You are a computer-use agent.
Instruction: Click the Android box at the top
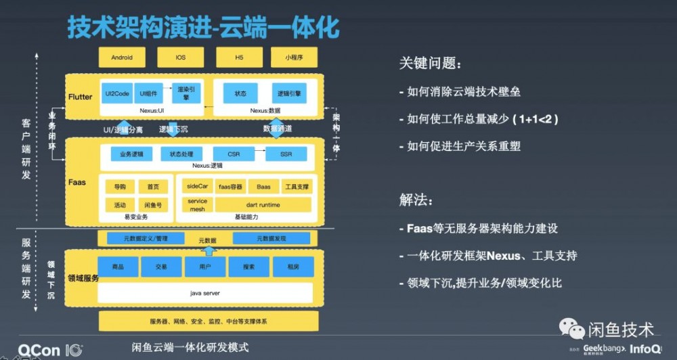pyautogui.click(x=121, y=58)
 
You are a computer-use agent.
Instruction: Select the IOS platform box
pyautogui.click(x=180, y=58)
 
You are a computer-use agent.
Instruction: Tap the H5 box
pyautogui.click(x=239, y=58)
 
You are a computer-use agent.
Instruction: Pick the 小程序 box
pyautogui.click(x=294, y=58)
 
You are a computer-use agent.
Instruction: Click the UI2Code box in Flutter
pyautogui.click(x=117, y=93)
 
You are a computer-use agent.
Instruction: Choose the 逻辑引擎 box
pyautogui.click(x=289, y=93)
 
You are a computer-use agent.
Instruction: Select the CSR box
pyautogui.click(x=234, y=154)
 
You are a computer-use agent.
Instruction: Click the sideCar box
pyautogui.click(x=197, y=186)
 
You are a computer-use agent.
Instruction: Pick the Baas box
pyautogui.click(x=263, y=186)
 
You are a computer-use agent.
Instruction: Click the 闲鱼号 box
pyautogui.click(x=153, y=204)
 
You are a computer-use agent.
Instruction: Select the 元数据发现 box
pyautogui.click(x=271, y=238)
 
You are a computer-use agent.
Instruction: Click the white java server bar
pyautogui.click(x=205, y=293)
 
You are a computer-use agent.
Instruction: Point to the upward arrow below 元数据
pyautogui.click(x=209, y=251)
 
